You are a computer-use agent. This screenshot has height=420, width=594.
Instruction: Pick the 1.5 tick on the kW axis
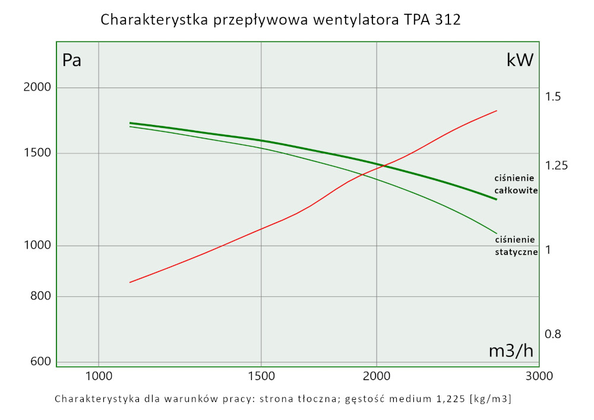[x=553, y=97]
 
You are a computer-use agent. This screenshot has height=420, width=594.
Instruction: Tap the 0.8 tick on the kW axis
[x=553, y=334]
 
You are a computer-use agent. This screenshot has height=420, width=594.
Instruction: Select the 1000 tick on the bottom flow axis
[x=99, y=376]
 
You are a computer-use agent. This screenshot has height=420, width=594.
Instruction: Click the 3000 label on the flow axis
[x=540, y=376]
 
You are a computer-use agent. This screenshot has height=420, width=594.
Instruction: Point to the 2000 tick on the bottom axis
[x=377, y=376]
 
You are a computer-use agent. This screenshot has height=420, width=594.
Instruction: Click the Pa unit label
[x=72, y=61]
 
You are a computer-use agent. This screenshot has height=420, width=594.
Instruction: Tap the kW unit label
[x=520, y=60]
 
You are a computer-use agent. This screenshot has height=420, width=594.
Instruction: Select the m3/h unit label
[x=511, y=351]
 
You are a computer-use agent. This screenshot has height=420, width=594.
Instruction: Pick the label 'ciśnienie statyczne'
[x=516, y=246]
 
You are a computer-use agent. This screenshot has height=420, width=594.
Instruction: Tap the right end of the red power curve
[x=496, y=111]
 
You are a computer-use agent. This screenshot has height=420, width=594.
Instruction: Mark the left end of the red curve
[x=130, y=282]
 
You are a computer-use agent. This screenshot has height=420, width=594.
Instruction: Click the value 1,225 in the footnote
[x=449, y=398]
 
